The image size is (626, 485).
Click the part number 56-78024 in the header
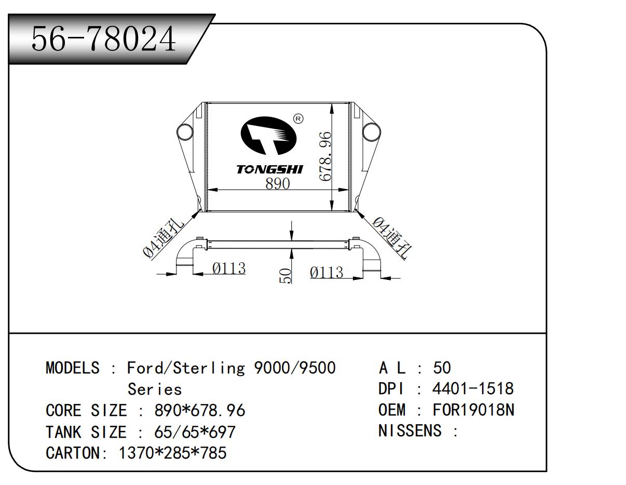[104, 38]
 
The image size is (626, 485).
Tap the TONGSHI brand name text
[269, 169]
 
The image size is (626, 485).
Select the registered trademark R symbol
[298, 118]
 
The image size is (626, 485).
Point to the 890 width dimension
[277, 183]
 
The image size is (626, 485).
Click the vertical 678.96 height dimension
[325, 156]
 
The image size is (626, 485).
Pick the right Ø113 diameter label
[326, 272]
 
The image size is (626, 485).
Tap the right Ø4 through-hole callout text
[391, 237]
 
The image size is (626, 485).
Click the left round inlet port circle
[184, 132]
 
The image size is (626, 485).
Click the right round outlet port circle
[371, 132]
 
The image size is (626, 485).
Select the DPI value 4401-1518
[472, 388]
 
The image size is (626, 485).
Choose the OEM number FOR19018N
[473, 410]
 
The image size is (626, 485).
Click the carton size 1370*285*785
[173, 453]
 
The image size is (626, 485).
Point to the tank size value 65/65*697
[195, 432]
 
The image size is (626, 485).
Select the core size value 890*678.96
[200, 410]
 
